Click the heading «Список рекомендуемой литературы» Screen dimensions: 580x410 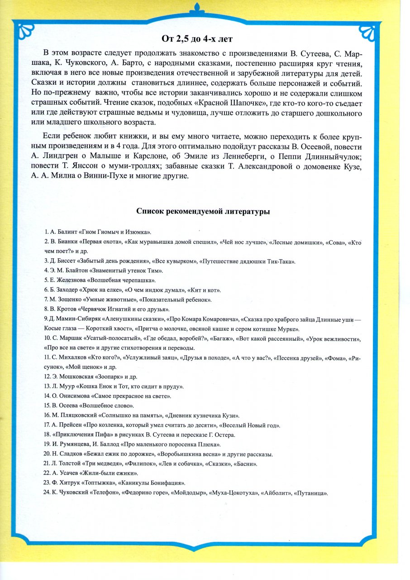coord(203,211)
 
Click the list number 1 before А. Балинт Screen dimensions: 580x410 coord(47,232)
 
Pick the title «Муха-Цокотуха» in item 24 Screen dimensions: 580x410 coord(232,493)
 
